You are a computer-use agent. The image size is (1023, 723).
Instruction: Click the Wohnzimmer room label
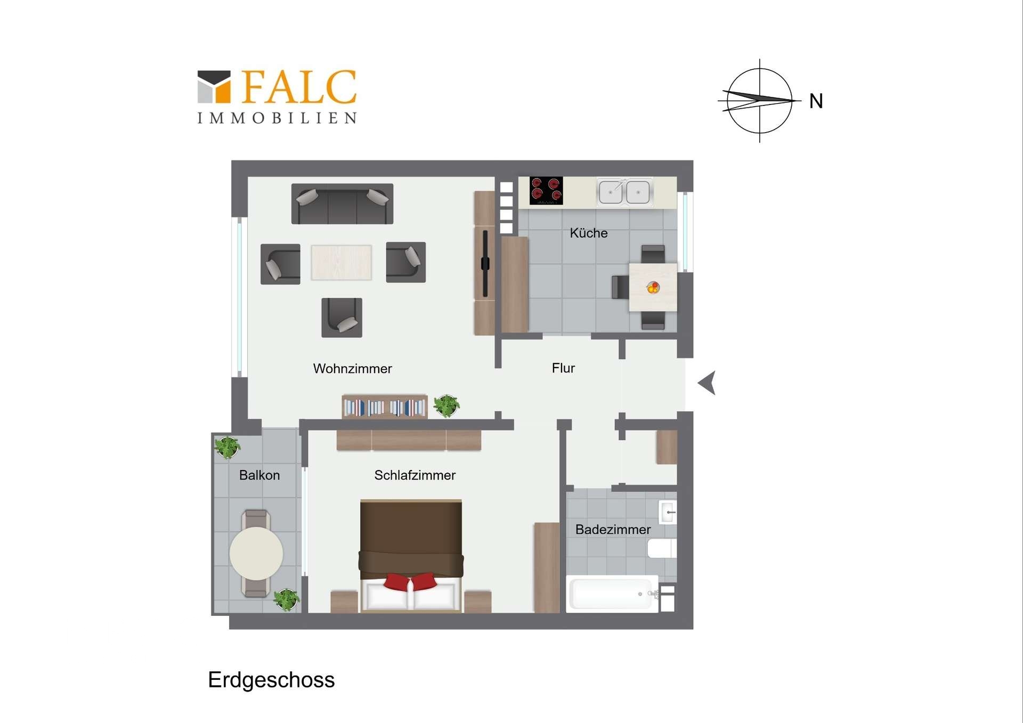pyautogui.click(x=352, y=369)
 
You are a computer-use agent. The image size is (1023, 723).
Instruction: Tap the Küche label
pyautogui.click(x=588, y=233)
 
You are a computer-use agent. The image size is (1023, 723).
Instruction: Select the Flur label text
pyautogui.click(x=563, y=368)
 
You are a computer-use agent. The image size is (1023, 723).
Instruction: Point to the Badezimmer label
pyautogui.click(x=613, y=530)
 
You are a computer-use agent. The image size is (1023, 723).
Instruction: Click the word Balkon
pyautogui.click(x=259, y=475)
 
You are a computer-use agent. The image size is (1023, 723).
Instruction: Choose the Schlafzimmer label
pyautogui.click(x=415, y=475)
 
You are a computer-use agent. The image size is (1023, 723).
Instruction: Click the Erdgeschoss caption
pyautogui.click(x=271, y=680)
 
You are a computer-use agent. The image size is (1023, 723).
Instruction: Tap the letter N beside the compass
pyautogui.click(x=816, y=101)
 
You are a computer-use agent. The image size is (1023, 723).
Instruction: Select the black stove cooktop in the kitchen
pyautogui.click(x=546, y=191)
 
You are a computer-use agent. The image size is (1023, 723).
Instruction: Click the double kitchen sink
pyautogui.click(x=624, y=192)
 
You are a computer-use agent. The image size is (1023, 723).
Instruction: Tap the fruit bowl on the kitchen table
pyautogui.click(x=653, y=288)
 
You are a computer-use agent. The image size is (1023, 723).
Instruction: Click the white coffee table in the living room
pyautogui.click(x=342, y=262)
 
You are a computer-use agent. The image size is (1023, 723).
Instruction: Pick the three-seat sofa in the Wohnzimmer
pyautogui.click(x=342, y=204)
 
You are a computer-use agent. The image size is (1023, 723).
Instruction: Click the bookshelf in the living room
pyautogui.click(x=384, y=407)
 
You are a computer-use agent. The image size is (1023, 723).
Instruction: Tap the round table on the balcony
pyautogui.click(x=256, y=554)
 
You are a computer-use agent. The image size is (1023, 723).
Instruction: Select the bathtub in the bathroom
pyautogui.click(x=612, y=594)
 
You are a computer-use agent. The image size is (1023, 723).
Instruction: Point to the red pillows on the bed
pyautogui.click(x=410, y=581)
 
